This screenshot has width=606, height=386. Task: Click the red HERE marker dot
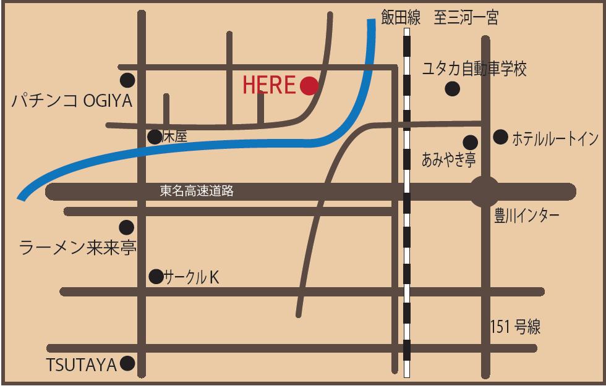pyautogui.click(x=309, y=86)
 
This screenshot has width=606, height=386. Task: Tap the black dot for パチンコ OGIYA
pyautogui.click(x=128, y=80)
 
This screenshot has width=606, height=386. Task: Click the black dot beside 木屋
pyautogui.click(x=154, y=137)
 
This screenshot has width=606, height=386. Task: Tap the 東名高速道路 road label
pyautogui.click(x=197, y=191)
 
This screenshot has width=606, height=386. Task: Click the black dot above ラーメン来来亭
pyautogui.click(x=127, y=227)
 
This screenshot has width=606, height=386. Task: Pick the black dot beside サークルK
pyautogui.click(x=156, y=276)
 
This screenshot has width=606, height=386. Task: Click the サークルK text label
pyautogui.click(x=191, y=278)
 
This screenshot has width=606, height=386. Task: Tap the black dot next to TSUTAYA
pyautogui.click(x=127, y=364)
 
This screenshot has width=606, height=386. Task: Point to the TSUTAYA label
pyautogui.click(x=82, y=366)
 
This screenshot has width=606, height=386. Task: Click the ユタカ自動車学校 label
pyautogui.click(x=474, y=69)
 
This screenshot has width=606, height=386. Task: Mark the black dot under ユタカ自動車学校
pyautogui.click(x=453, y=89)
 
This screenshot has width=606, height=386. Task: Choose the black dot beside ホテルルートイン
pyautogui.click(x=500, y=136)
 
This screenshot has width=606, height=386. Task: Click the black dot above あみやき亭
pyautogui.click(x=470, y=142)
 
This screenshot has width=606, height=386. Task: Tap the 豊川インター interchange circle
pyautogui.click(x=485, y=191)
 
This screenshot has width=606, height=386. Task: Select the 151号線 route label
pyautogui.click(x=515, y=327)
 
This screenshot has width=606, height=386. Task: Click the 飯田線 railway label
pyautogui.click(x=400, y=18)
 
